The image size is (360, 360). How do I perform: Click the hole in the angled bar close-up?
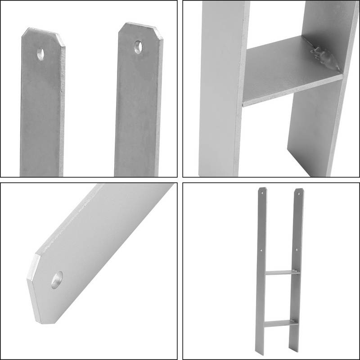tap(58, 280)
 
